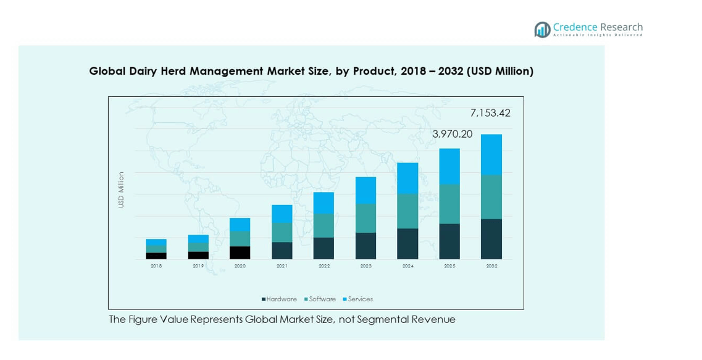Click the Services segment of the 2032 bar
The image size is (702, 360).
tap(491, 154)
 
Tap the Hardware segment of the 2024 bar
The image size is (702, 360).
tap(407, 243)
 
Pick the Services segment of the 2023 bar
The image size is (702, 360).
tap(366, 190)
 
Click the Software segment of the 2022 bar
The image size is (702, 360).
tap(324, 225)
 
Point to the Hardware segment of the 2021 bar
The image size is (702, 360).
tap(282, 250)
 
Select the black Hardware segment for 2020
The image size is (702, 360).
tap(240, 253)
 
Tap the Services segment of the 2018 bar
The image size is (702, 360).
tap(156, 242)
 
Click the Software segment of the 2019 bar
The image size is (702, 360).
tap(198, 247)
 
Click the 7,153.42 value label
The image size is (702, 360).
tap(490, 113)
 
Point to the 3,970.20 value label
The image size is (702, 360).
tap(452, 133)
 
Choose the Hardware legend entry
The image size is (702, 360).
tap(279, 299)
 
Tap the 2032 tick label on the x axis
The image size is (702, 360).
tap(491, 266)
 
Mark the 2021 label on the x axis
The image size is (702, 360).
tap(282, 266)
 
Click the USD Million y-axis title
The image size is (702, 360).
tap(122, 190)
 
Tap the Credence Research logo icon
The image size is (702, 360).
tap(542, 29)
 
